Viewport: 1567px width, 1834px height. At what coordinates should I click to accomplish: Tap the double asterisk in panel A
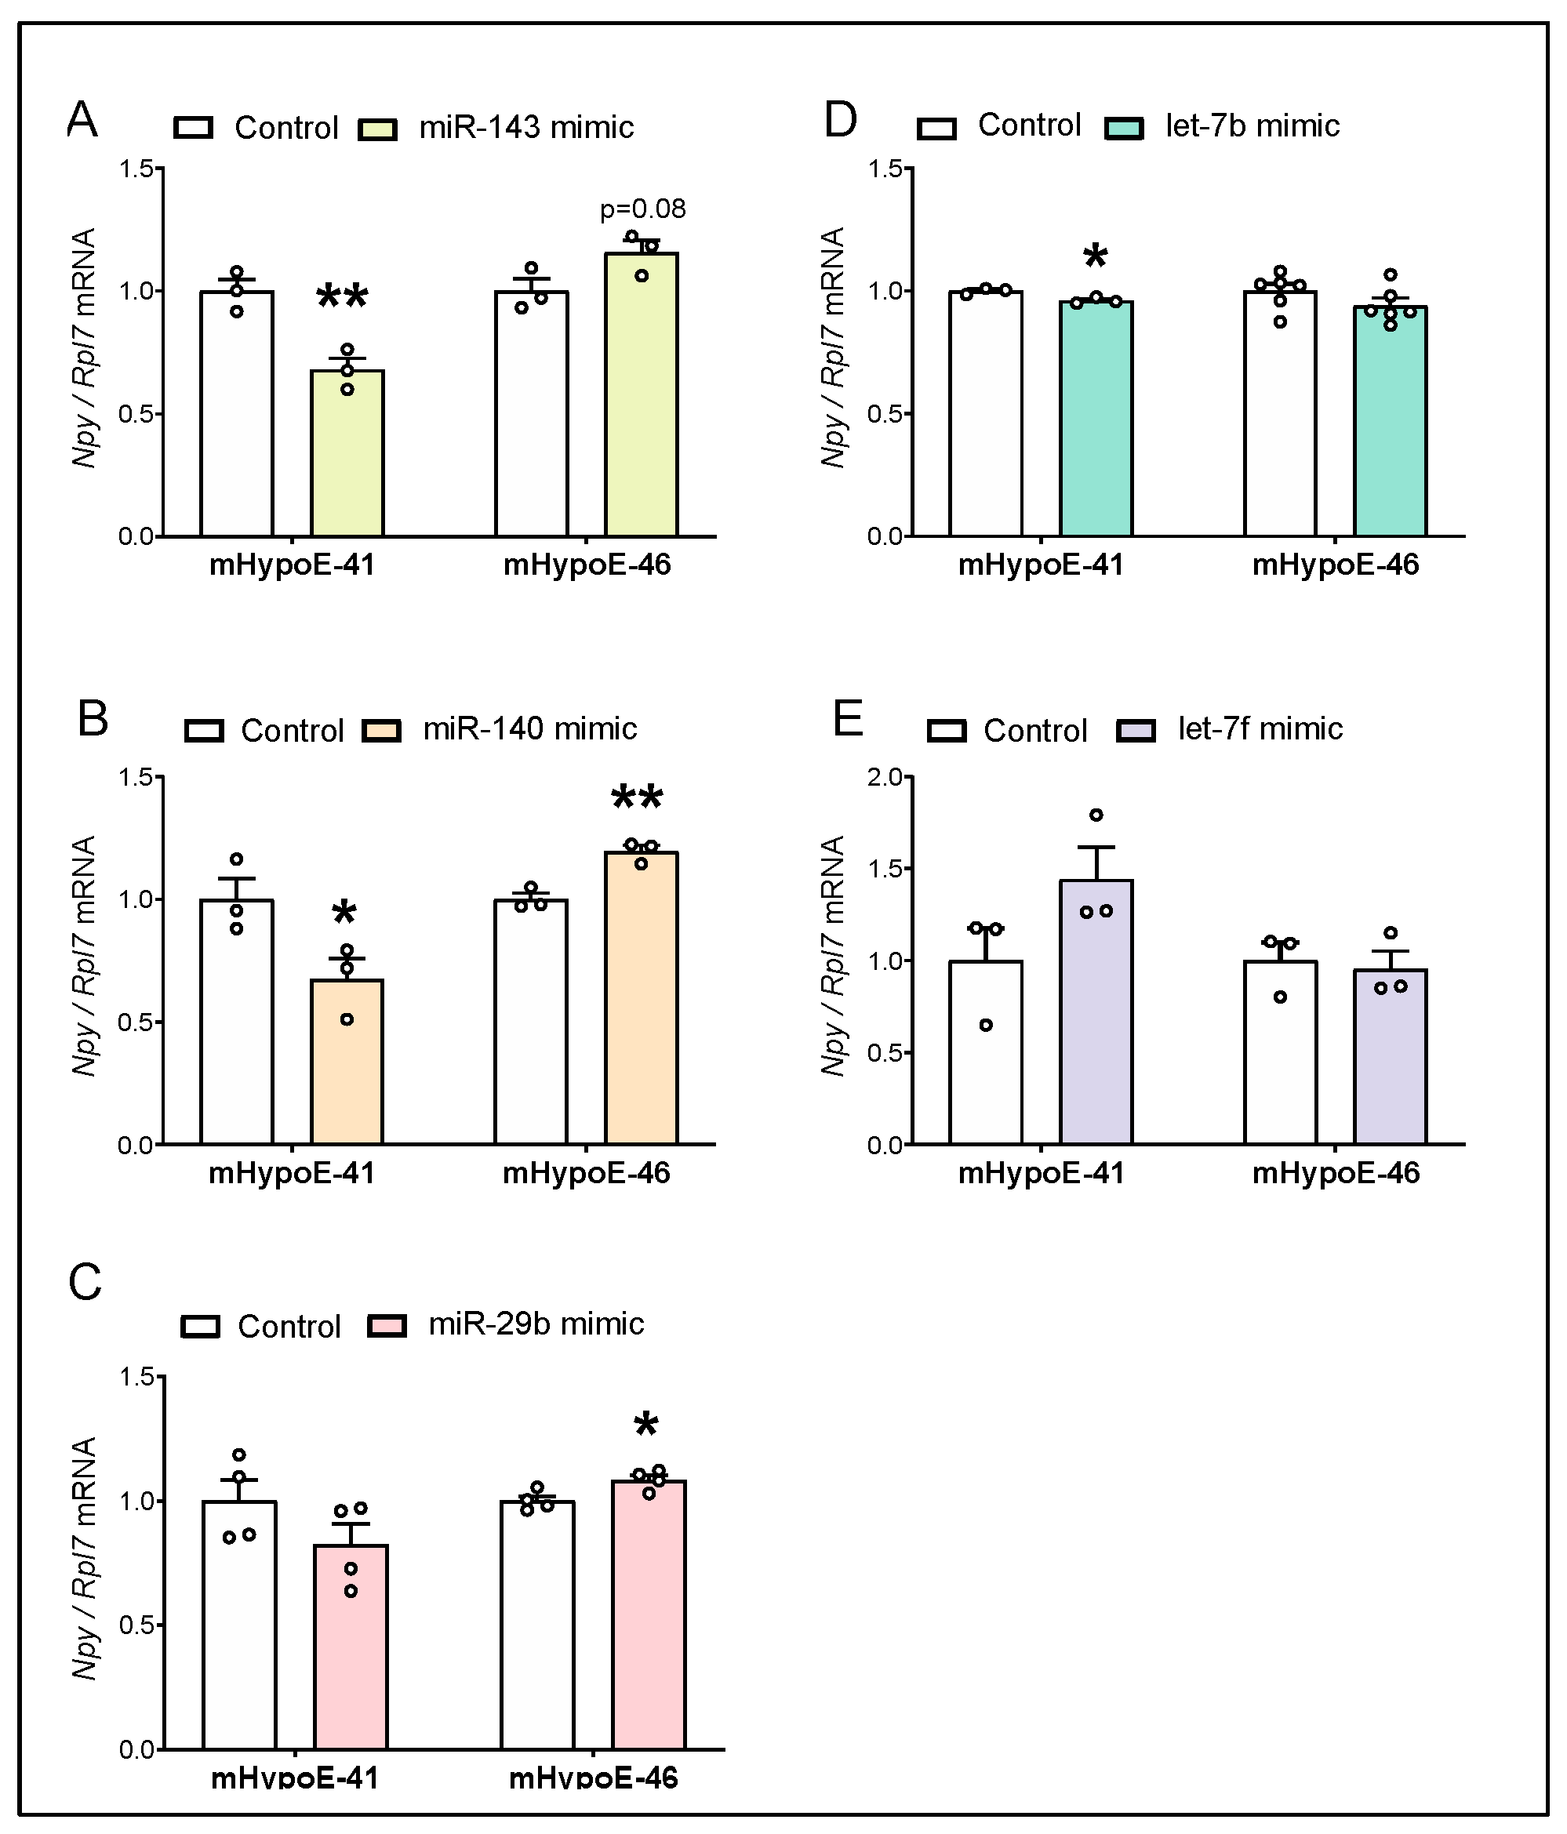point(343,298)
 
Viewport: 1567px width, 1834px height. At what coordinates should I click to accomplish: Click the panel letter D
point(839,121)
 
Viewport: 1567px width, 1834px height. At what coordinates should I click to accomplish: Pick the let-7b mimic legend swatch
point(1125,129)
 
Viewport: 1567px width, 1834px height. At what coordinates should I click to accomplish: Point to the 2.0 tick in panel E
point(885,777)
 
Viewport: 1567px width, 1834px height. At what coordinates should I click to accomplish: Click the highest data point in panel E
point(1096,815)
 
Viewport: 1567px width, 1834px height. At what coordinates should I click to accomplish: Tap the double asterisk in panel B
point(638,799)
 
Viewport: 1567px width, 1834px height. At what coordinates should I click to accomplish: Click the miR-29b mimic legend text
point(536,1324)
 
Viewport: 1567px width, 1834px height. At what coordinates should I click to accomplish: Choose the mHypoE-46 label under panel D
point(1335,565)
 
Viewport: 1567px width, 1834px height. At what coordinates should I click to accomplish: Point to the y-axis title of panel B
point(84,956)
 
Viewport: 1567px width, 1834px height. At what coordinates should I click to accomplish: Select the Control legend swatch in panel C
point(200,1326)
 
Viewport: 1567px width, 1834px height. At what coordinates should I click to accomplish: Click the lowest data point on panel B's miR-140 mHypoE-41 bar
point(347,1019)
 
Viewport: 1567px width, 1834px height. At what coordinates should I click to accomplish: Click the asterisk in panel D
point(1095,257)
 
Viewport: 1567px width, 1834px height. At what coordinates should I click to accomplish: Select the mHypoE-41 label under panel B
point(293,1174)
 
